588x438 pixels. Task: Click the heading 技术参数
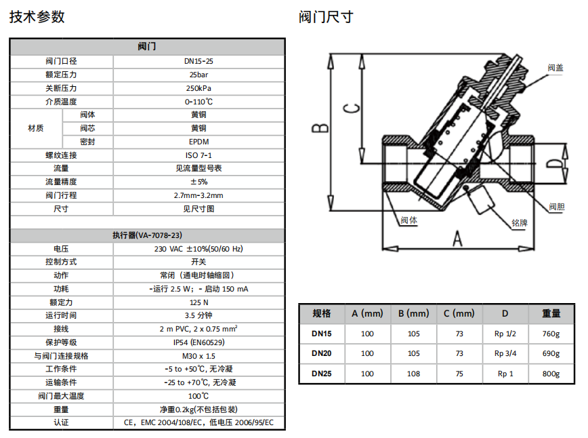point(37,16)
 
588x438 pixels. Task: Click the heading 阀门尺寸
point(327,16)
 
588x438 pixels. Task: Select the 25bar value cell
point(198,75)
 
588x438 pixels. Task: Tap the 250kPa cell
point(198,88)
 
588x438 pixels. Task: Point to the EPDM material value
point(198,142)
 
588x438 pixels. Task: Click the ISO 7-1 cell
point(198,155)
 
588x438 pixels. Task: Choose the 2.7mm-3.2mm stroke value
point(198,195)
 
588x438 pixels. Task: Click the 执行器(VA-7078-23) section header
point(147,235)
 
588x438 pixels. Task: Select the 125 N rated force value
point(198,302)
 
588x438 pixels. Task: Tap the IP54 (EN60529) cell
point(198,342)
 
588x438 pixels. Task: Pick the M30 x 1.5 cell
point(198,356)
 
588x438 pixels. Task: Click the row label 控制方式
point(61,262)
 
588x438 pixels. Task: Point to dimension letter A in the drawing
point(457,239)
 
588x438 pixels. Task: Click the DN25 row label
point(322,374)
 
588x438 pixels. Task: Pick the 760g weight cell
point(551,334)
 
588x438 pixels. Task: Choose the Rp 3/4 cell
point(505,353)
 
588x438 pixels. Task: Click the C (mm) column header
point(459,313)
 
